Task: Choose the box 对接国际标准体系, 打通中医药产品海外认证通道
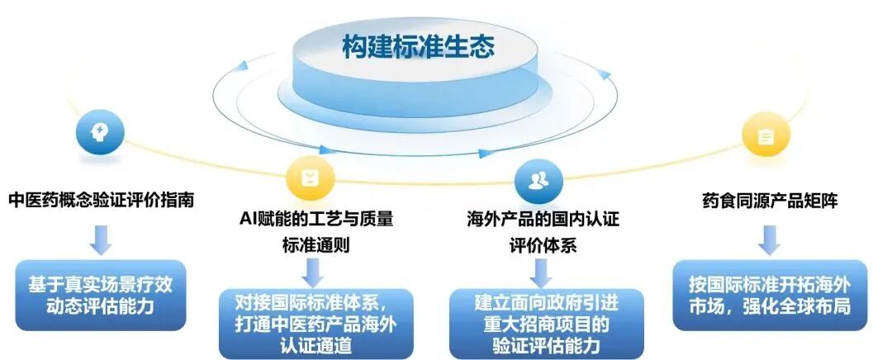311,322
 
